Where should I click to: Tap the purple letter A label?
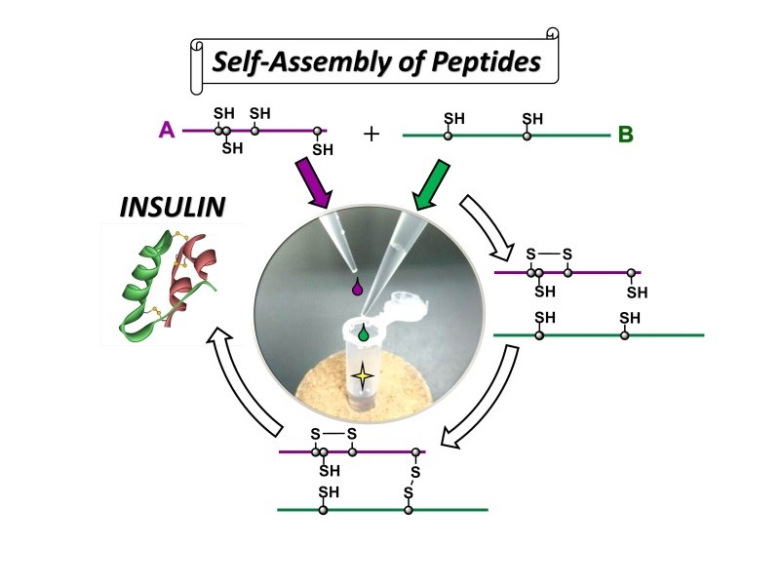click(167, 129)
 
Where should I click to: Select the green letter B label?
click(626, 135)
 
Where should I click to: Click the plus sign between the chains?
click(371, 134)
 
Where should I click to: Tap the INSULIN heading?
click(172, 207)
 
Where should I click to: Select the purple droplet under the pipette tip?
click(357, 289)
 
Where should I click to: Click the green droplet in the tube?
click(364, 333)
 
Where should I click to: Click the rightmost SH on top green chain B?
click(531, 119)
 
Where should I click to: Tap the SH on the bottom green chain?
click(328, 492)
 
